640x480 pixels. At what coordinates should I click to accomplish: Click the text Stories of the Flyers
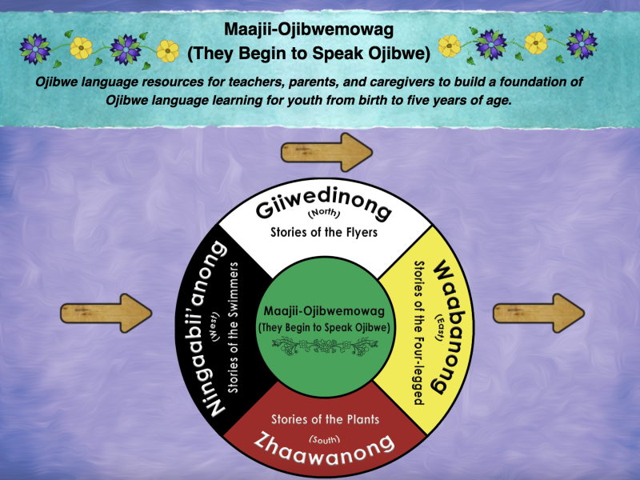323,233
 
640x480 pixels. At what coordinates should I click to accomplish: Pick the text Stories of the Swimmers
234,327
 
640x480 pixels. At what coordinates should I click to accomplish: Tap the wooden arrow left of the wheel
106,310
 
